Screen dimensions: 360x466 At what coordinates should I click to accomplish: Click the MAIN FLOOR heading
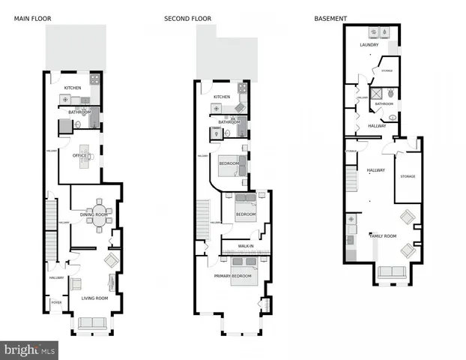pos(31,17)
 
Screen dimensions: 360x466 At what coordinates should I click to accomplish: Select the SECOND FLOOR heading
pos(188,17)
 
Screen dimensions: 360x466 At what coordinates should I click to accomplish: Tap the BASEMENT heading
pos(329,17)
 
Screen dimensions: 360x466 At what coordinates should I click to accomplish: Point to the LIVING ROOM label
pos(94,298)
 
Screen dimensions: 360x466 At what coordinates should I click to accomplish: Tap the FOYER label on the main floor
pos(55,302)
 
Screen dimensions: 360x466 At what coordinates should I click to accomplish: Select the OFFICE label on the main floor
pos(79,155)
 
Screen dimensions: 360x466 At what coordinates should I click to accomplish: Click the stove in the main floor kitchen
pos(95,79)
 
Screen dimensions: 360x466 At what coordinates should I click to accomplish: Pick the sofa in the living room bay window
pos(91,322)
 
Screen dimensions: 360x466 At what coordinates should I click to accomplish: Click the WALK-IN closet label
pos(246,246)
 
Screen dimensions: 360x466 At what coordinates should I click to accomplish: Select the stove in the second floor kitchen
pos(243,88)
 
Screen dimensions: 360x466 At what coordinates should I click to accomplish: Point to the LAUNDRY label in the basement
pos(369,44)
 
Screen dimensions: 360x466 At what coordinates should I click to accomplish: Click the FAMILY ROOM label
pos(384,235)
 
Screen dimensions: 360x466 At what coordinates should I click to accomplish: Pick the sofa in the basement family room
pos(392,273)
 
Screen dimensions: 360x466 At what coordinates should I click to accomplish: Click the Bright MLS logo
pos(29,350)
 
